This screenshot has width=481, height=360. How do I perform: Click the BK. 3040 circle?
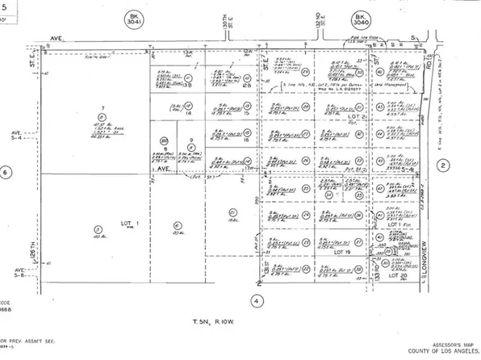point(360,19)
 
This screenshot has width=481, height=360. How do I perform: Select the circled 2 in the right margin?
point(443,165)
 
